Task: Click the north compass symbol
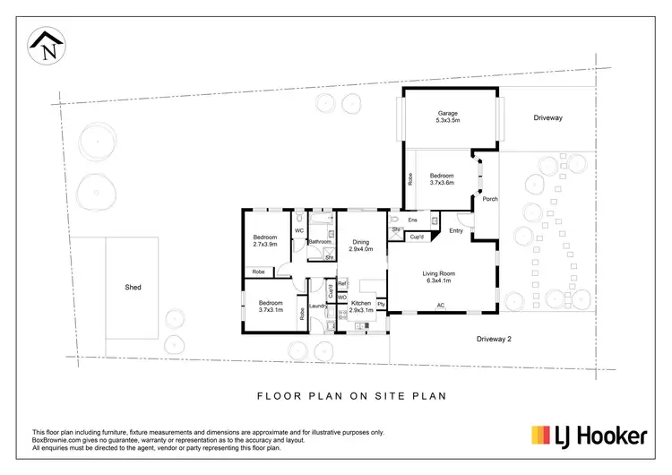(46, 45)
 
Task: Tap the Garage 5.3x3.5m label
(448, 117)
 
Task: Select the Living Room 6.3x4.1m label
(440, 277)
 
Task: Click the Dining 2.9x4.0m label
(360, 245)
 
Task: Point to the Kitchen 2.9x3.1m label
(360, 307)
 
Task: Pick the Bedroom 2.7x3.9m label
(265, 239)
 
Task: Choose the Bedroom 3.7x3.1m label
(271, 307)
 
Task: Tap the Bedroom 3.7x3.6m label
(442, 178)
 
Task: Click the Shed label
(134, 288)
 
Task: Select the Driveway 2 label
(493, 339)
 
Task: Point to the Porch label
(490, 199)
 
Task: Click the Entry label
(456, 231)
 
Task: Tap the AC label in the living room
(440, 306)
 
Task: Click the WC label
(298, 230)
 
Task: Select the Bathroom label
(320, 242)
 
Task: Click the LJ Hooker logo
(590, 436)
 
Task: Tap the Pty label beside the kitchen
(381, 305)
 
